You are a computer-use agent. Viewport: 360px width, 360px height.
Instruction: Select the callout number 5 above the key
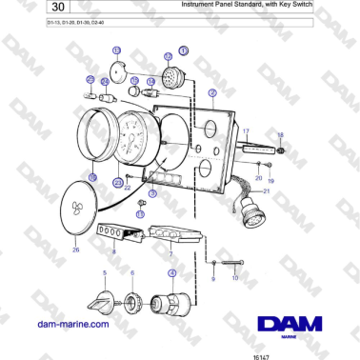(x=105, y=273)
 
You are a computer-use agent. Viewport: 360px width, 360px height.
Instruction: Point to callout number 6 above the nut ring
(x=132, y=273)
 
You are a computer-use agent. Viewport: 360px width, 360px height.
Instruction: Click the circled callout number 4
(x=171, y=273)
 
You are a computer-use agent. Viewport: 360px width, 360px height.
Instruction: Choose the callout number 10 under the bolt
(x=234, y=277)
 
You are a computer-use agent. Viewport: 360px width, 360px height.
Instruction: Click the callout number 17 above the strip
(x=245, y=130)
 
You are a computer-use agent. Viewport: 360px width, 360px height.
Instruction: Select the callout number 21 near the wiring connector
(x=267, y=191)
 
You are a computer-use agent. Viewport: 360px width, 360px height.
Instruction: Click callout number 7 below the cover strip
(x=170, y=254)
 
